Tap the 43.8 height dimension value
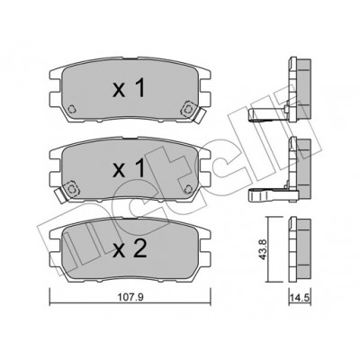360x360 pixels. click(x=262, y=250)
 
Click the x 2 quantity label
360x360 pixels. click(x=130, y=249)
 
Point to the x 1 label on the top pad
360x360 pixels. click(x=129, y=87)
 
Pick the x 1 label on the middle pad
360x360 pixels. click(x=129, y=168)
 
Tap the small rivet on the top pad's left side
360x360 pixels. click(x=71, y=109)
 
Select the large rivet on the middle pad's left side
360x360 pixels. click(x=72, y=189)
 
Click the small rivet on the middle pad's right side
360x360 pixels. click(x=189, y=189)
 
